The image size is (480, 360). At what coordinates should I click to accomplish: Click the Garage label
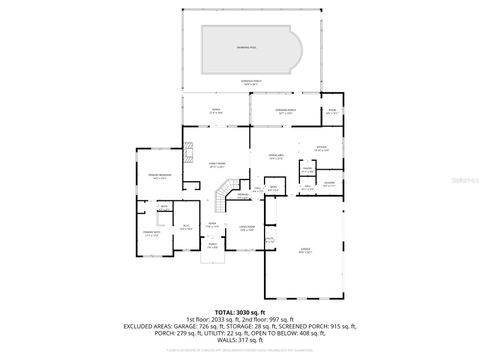(305, 249)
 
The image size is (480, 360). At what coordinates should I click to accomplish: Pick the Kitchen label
(320, 148)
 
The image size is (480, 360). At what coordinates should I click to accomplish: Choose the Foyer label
(213, 224)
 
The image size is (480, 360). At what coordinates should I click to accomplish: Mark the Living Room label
(246, 229)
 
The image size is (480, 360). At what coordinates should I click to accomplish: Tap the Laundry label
(328, 183)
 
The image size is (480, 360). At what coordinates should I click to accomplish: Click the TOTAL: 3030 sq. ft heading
(240, 313)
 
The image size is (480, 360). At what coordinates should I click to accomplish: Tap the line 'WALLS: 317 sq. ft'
(240, 345)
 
